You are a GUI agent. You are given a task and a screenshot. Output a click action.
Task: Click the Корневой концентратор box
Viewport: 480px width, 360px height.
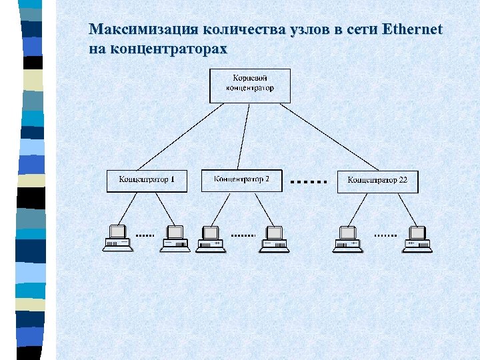click(x=250, y=85)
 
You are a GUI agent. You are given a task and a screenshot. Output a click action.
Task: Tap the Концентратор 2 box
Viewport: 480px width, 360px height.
click(x=241, y=180)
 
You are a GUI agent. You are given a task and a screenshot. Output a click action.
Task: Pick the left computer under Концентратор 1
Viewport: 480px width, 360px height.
click(x=117, y=239)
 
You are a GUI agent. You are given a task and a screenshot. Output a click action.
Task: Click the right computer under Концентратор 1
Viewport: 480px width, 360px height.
click(x=175, y=239)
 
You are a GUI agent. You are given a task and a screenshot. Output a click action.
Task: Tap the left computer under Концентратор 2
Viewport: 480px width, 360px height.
click(x=211, y=239)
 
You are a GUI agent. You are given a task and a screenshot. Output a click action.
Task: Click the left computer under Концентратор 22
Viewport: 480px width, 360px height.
click(x=347, y=239)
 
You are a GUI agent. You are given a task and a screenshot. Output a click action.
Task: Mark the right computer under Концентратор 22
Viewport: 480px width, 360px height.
click(x=417, y=239)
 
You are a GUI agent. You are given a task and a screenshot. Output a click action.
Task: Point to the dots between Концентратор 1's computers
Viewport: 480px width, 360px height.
click(x=145, y=235)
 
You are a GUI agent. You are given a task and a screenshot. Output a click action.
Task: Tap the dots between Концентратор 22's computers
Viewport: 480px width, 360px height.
click(x=385, y=235)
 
